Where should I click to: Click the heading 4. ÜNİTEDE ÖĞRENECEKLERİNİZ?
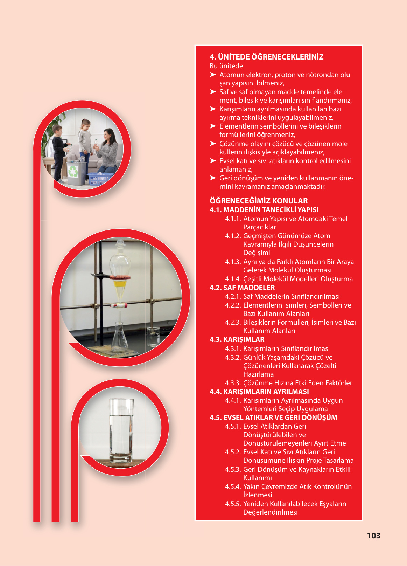tap(266, 57)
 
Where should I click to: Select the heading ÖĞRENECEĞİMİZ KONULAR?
tap(259, 201)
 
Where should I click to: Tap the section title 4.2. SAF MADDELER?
tap(242, 288)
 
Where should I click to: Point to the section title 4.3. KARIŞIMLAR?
tap(237, 339)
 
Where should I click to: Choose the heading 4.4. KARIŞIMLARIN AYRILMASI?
tap(259, 392)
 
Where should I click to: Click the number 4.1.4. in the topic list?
tap(233, 279)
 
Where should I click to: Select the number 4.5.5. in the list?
tap(233, 504)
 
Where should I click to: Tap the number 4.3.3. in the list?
tap(233, 383)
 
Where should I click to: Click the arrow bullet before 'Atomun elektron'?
tap(213, 75)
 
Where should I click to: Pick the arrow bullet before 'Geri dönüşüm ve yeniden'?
tap(213, 178)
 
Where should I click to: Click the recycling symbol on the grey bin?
tap(73, 171)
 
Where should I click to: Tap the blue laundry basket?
tap(100, 179)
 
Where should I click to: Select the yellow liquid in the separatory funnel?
tap(119, 284)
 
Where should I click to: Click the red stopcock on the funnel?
tap(118, 306)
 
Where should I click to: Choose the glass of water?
tap(121, 433)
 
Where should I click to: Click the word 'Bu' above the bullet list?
tap(213, 66)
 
